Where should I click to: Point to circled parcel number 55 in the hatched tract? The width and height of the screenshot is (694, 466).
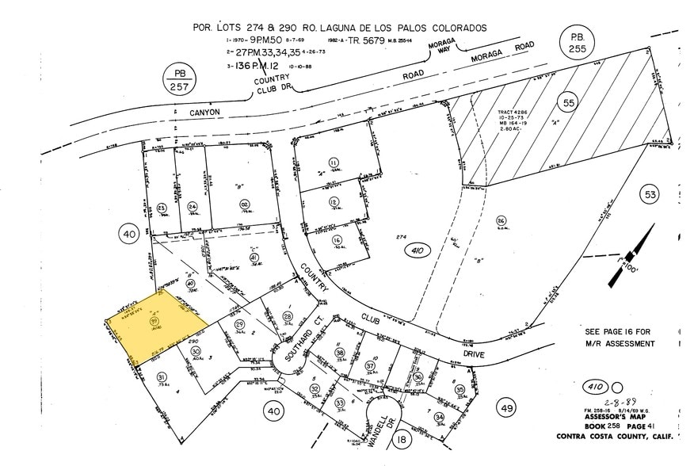click(x=567, y=101)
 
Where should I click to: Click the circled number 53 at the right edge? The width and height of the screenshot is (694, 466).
click(x=651, y=194)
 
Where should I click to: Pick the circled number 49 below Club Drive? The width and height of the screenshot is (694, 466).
click(x=508, y=407)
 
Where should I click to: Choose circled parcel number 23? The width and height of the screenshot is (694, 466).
click(x=161, y=208)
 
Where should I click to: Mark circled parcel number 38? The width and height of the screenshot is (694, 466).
click(x=340, y=353)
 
